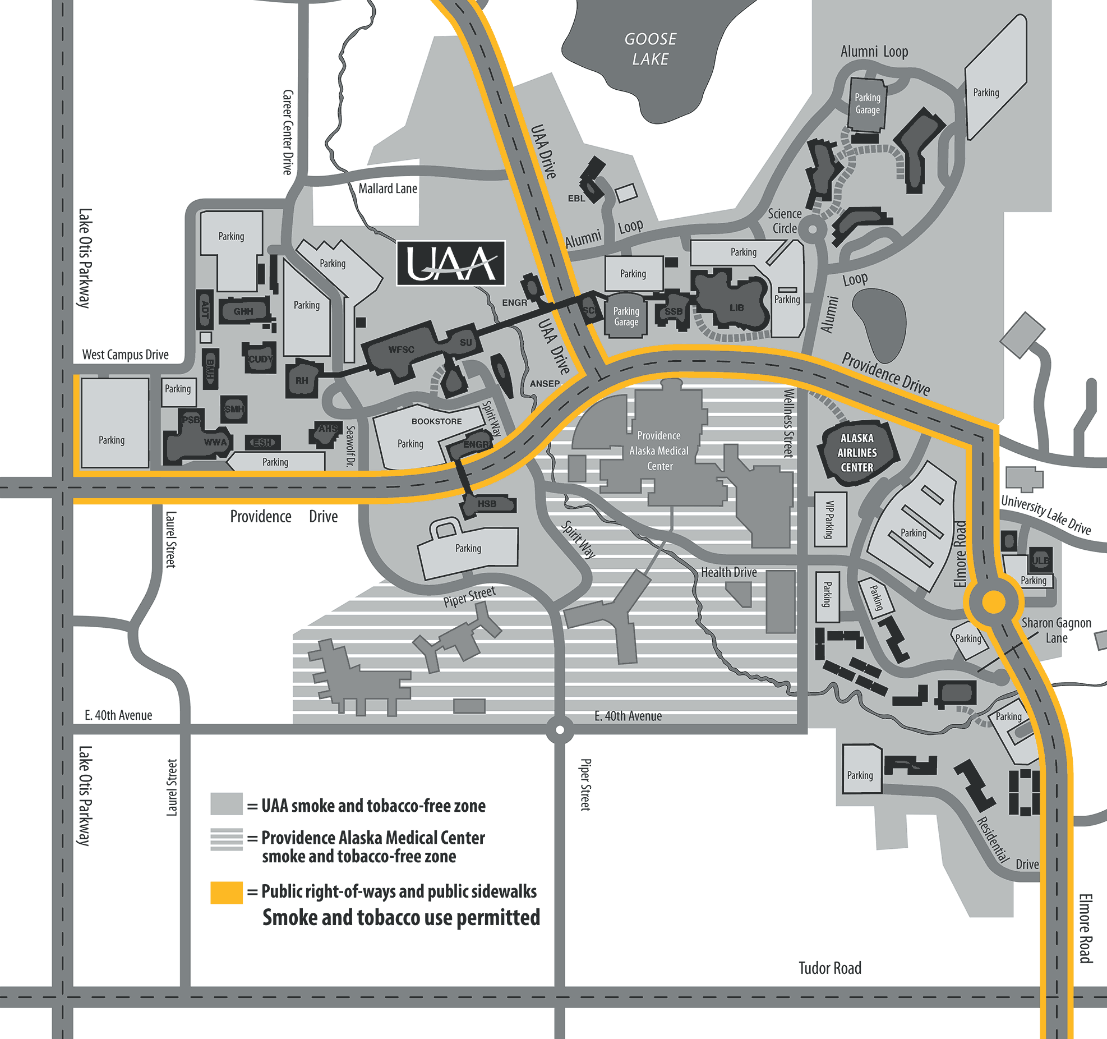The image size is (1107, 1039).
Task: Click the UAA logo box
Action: [451, 263]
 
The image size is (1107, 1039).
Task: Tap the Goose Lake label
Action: [650, 49]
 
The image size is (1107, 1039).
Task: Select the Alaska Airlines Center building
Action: [856, 452]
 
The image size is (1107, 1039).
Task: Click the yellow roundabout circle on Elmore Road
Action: [994, 603]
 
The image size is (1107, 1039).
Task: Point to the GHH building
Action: [243, 311]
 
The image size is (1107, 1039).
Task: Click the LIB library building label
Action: [736, 307]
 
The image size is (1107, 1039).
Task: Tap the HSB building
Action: [487, 504]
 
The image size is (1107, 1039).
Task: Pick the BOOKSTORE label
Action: [436, 421]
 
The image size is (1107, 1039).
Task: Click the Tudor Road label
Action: [829, 968]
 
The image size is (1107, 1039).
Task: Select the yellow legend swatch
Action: [226, 892]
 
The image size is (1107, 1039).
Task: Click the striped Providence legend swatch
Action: [226, 839]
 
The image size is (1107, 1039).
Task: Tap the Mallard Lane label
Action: [388, 189]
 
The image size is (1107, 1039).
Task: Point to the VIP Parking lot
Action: [829, 519]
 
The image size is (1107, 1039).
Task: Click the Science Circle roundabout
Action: [812, 229]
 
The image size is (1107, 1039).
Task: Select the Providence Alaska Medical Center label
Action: [659, 450]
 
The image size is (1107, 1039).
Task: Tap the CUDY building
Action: [260, 359]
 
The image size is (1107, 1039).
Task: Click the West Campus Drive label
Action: [125, 355]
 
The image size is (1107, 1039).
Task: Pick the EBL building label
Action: [576, 198]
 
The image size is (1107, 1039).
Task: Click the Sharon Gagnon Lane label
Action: [1056, 630]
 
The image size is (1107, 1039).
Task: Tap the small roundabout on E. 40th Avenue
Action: [559, 730]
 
